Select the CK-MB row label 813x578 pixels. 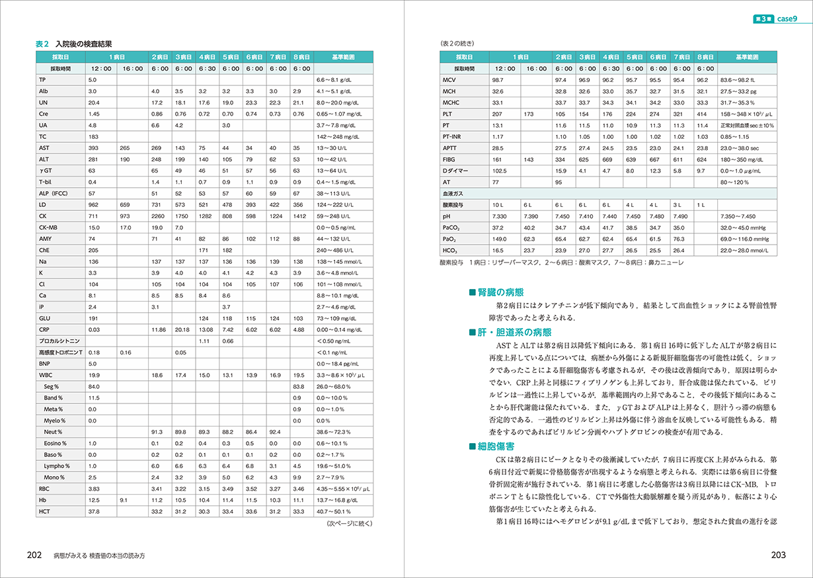48,227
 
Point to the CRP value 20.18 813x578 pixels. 182,329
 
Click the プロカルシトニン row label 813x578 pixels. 56,341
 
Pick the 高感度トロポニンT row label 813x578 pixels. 60,352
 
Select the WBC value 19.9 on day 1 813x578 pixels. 93,375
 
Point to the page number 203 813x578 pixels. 778,556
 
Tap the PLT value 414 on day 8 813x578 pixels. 702,114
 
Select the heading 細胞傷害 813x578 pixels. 501,446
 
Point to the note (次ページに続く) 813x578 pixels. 350,524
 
